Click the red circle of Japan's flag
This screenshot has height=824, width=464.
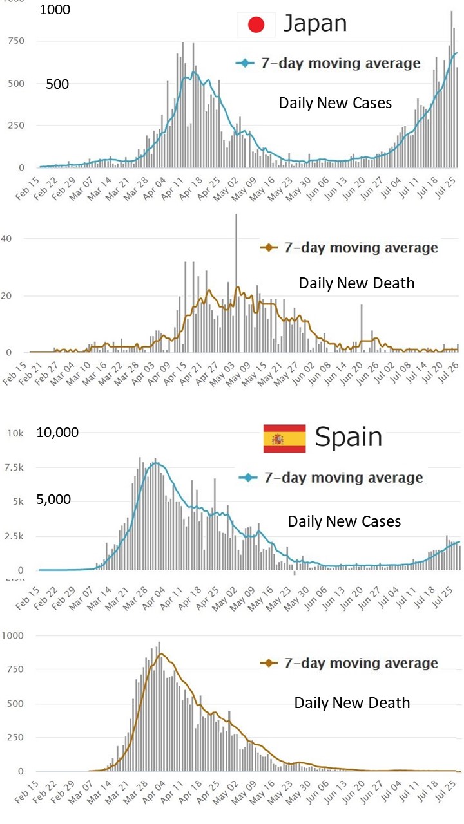tap(256, 25)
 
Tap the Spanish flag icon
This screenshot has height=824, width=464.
tap(284, 438)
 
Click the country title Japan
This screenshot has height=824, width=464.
tap(315, 24)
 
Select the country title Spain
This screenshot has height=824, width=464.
tap(348, 438)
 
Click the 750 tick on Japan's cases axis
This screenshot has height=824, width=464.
tap(15, 41)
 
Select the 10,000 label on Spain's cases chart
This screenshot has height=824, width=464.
tap(58, 433)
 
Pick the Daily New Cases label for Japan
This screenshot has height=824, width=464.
tap(335, 102)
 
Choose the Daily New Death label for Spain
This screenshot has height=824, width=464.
tap(352, 703)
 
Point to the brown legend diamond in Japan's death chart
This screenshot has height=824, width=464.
tap(267, 247)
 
